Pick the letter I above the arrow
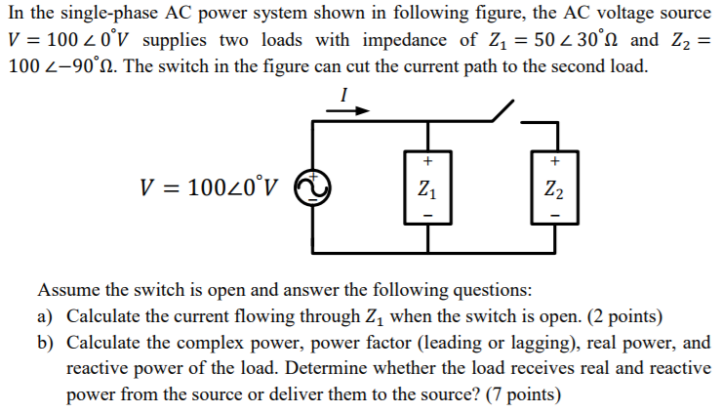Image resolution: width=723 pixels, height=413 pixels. point(344,94)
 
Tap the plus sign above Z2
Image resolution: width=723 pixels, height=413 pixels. point(553,161)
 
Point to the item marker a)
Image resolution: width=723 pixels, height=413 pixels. point(45,317)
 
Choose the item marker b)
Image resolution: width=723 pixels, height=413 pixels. point(45,344)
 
